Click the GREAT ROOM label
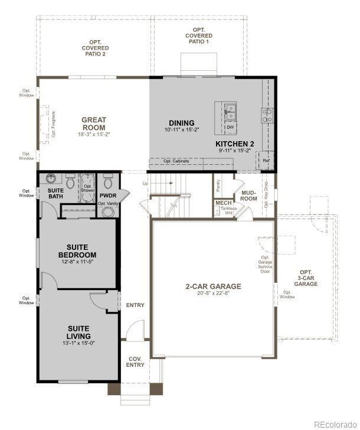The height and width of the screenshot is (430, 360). click(93, 123)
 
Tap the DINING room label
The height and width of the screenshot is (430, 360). click(181, 123)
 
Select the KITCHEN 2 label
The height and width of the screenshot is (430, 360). click(234, 144)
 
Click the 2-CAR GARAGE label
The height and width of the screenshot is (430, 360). click(213, 286)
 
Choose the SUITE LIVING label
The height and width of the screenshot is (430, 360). click(78, 332)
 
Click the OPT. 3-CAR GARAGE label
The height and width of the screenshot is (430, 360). click(306, 281)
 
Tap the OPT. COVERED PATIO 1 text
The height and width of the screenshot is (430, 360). click(198, 36)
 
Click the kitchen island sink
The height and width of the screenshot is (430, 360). click(230, 109)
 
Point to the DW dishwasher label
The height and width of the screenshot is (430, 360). click(230, 126)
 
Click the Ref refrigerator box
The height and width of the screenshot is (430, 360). click(266, 160)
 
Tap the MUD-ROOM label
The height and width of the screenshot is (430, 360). click(248, 196)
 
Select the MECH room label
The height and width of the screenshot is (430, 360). click(223, 203)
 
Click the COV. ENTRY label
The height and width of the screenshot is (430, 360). click(135, 361)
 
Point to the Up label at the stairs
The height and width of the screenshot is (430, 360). click(145, 183)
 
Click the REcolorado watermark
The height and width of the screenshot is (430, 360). click(335, 424)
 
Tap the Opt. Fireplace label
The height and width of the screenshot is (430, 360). click(53, 125)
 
